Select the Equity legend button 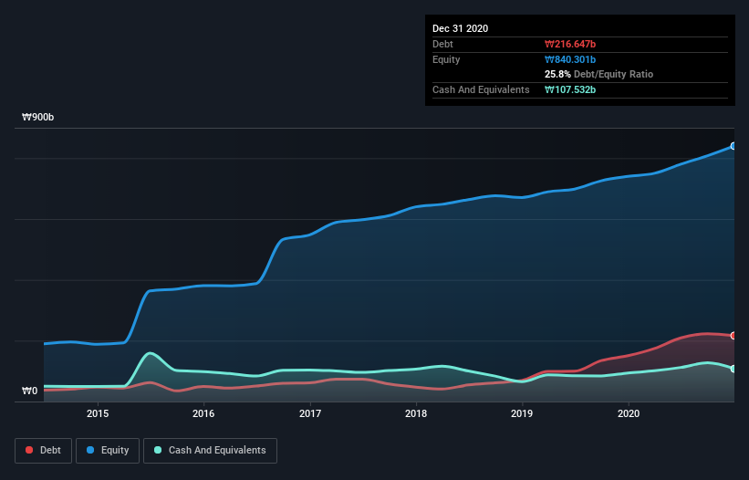107,450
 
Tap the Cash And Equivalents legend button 210,450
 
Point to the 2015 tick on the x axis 98,413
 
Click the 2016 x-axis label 203,413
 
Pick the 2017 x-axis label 310,413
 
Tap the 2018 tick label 416,413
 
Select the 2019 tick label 522,413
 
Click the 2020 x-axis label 629,413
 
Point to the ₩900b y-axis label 38,118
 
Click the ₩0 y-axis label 29,391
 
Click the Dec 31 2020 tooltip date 460,28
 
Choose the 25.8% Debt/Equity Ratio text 598,74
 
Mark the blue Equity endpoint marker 733,146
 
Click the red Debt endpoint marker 733,336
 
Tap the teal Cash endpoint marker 733,369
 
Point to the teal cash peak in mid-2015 150,353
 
